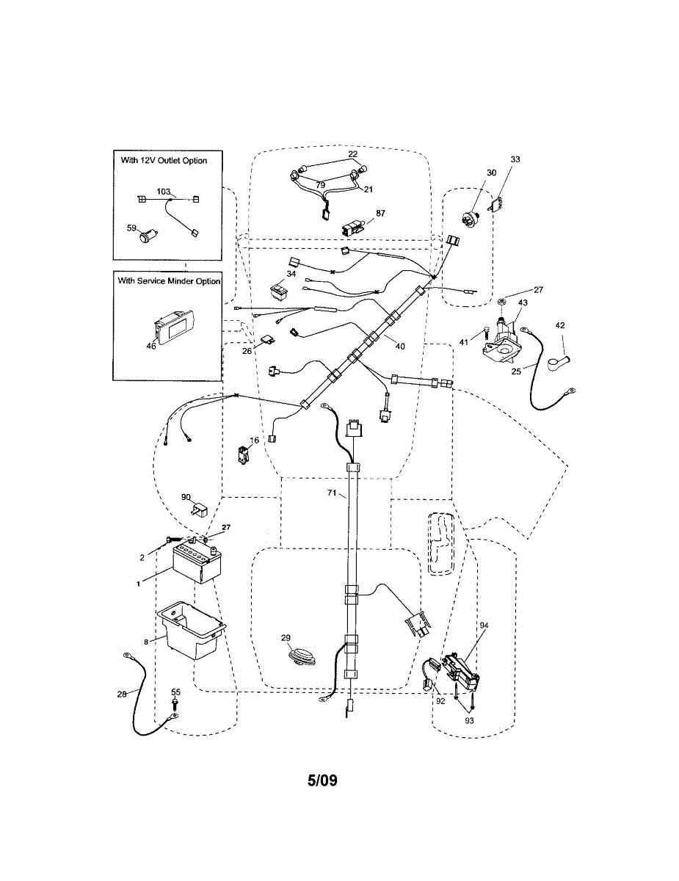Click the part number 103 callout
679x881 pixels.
coord(164,190)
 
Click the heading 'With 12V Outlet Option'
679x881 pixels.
coord(164,160)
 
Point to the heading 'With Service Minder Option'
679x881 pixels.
coord(169,281)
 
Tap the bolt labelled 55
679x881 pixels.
coord(175,706)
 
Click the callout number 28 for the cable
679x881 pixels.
coord(123,693)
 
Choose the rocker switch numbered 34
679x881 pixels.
coord(280,292)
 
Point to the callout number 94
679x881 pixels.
coord(484,625)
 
